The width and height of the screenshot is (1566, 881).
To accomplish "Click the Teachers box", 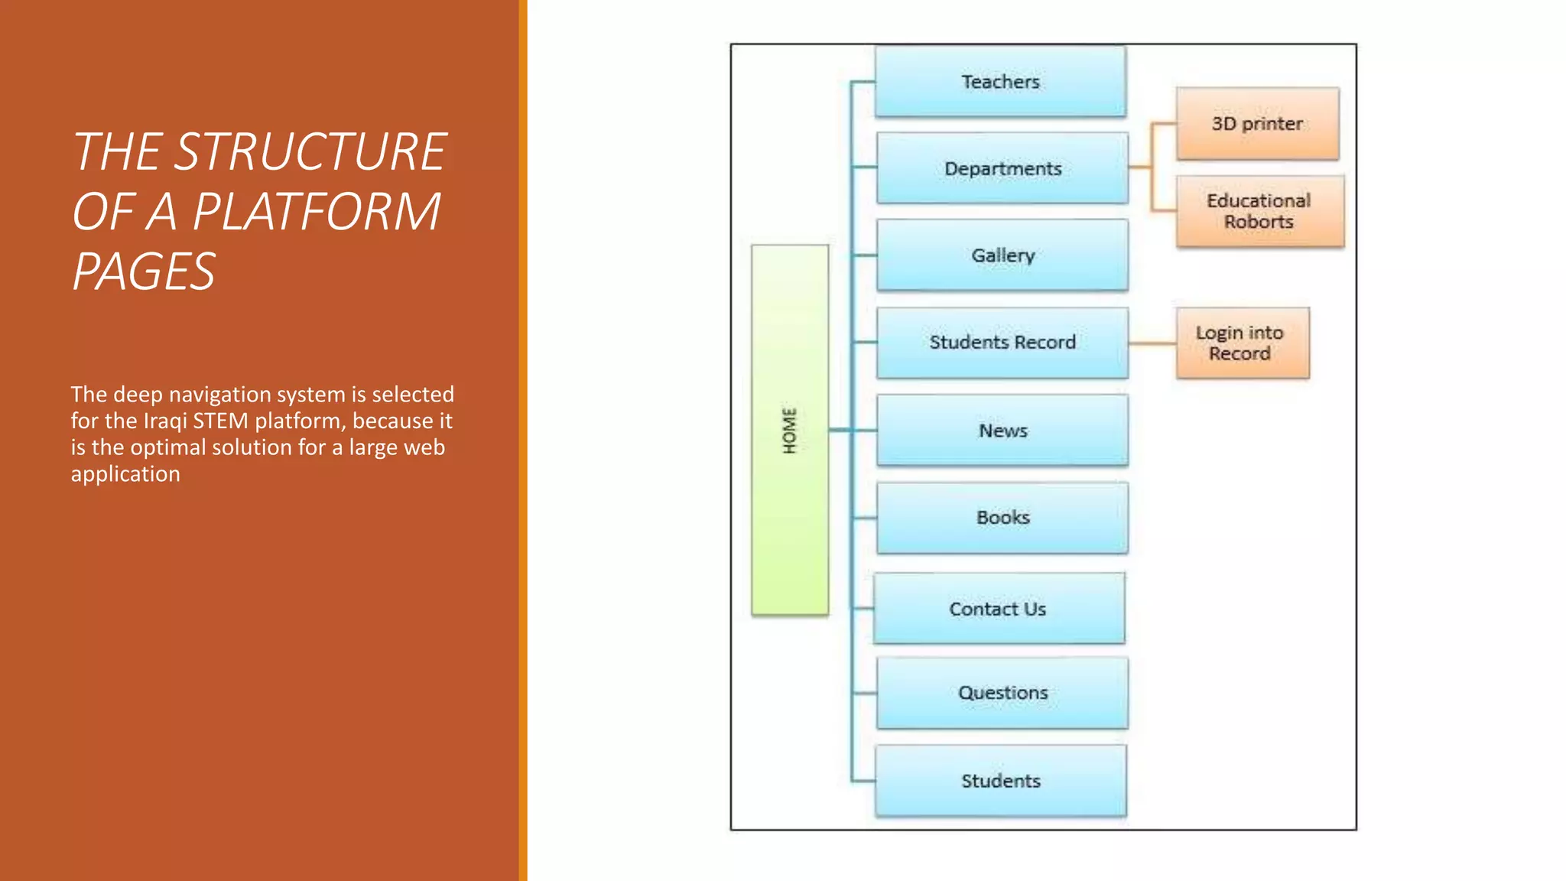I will click(1000, 81).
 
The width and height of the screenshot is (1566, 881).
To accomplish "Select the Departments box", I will click(1002, 168).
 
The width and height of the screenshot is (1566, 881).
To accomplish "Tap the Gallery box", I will click(1002, 255).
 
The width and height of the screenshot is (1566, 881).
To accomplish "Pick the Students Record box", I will click(1002, 342).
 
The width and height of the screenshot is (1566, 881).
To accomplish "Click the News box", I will click(1002, 430).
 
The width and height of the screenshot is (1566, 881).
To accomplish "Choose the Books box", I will click(1002, 517).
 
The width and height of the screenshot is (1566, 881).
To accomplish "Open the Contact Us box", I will click(998, 609).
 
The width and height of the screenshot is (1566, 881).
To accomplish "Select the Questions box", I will click(1002, 692).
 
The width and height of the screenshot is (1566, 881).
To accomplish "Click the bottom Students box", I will click(1000, 781).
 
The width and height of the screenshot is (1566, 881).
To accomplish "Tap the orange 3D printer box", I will click(1257, 123).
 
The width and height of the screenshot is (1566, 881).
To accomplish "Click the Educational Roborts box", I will click(1259, 211).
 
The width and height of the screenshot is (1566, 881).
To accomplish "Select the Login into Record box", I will click(1242, 343).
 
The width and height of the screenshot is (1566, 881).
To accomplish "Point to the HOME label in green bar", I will click(790, 431).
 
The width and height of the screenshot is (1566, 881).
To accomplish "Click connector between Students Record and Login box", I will click(1152, 343).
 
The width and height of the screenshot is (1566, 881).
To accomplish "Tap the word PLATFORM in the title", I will click(317, 211).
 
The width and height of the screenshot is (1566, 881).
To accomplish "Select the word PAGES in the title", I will click(144, 271).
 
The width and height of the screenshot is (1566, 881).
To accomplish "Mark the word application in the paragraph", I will click(125, 474).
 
